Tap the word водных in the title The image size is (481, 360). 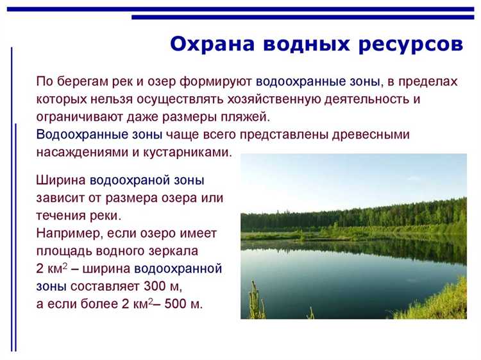[x=302, y=45]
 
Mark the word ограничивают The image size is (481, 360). [x=77, y=118]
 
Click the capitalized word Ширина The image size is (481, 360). [x=62, y=181]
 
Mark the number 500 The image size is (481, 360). [x=174, y=304]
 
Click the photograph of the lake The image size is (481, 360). [x=353, y=236]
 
